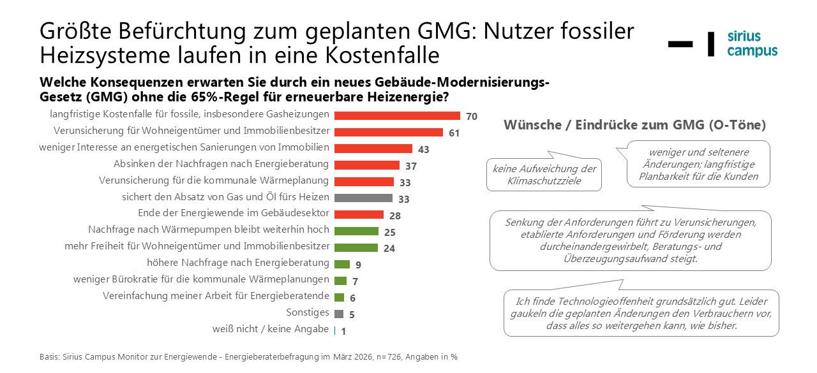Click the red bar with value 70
pos(397,115)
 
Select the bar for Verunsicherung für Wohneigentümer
pos(388,132)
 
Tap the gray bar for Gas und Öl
pos(363,198)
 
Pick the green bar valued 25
pos(356,231)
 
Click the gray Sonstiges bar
pos(339,314)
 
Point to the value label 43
pos(423,150)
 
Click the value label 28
pos(394,216)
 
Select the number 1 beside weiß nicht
pos(343,331)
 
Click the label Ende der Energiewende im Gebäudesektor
pos(234,213)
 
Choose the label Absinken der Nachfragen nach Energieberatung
pos(221,164)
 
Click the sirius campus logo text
pos(752,44)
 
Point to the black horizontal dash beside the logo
pos(680,44)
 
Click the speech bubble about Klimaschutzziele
pos(544,175)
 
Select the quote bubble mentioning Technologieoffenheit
pos(641,313)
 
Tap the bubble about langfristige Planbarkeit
pos(699,165)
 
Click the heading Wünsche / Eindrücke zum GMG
pos(634,125)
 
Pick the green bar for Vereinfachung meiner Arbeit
pos(340,297)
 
